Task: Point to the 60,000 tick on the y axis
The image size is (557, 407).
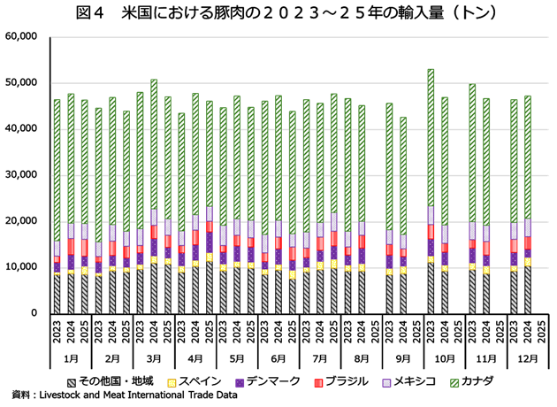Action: click(x=20, y=37)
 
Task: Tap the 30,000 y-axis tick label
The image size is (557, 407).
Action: click(x=20, y=175)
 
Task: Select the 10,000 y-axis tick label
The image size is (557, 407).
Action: click(x=20, y=267)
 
